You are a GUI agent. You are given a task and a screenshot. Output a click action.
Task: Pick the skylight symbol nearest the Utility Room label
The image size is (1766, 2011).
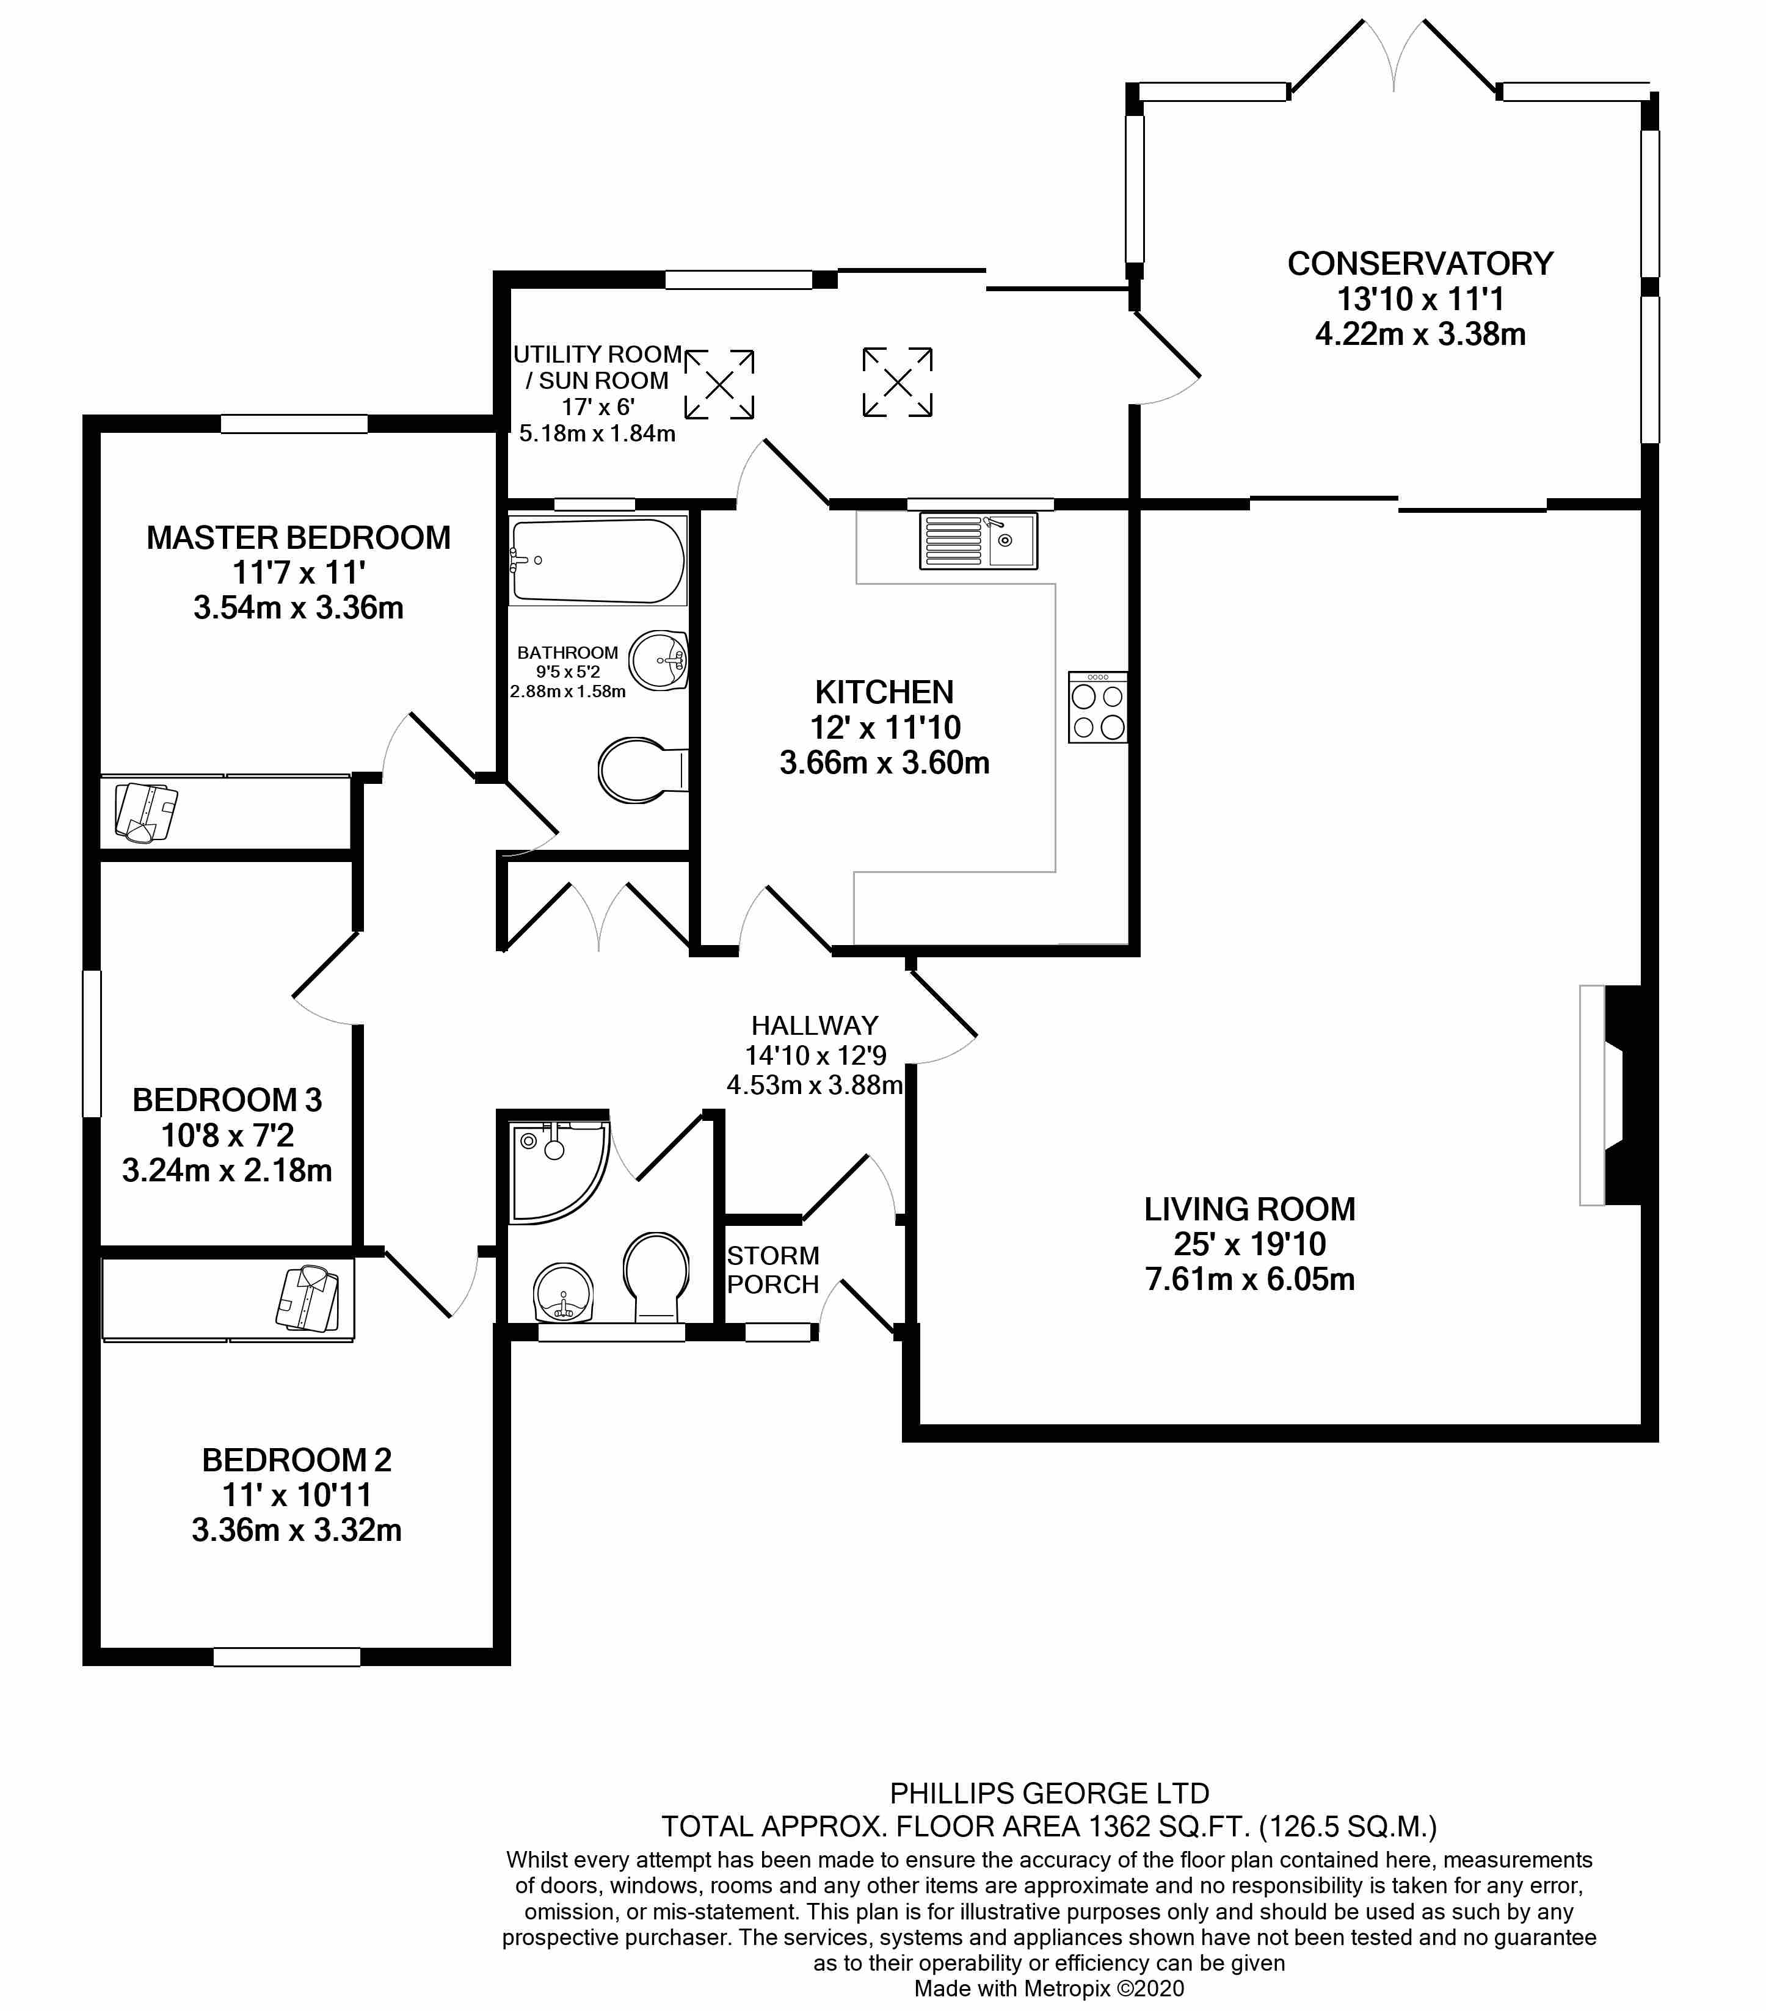[719, 384]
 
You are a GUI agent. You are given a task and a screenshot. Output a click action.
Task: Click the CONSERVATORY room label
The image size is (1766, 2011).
[1420, 264]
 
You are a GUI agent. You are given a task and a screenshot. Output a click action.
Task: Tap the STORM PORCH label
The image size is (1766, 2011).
[772, 1269]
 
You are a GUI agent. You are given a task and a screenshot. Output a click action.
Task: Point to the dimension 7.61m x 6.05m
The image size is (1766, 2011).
[1249, 1279]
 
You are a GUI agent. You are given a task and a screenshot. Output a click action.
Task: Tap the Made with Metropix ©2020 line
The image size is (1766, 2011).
[1048, 1988]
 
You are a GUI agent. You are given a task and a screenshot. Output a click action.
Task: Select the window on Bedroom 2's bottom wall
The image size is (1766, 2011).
[286, 1658]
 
